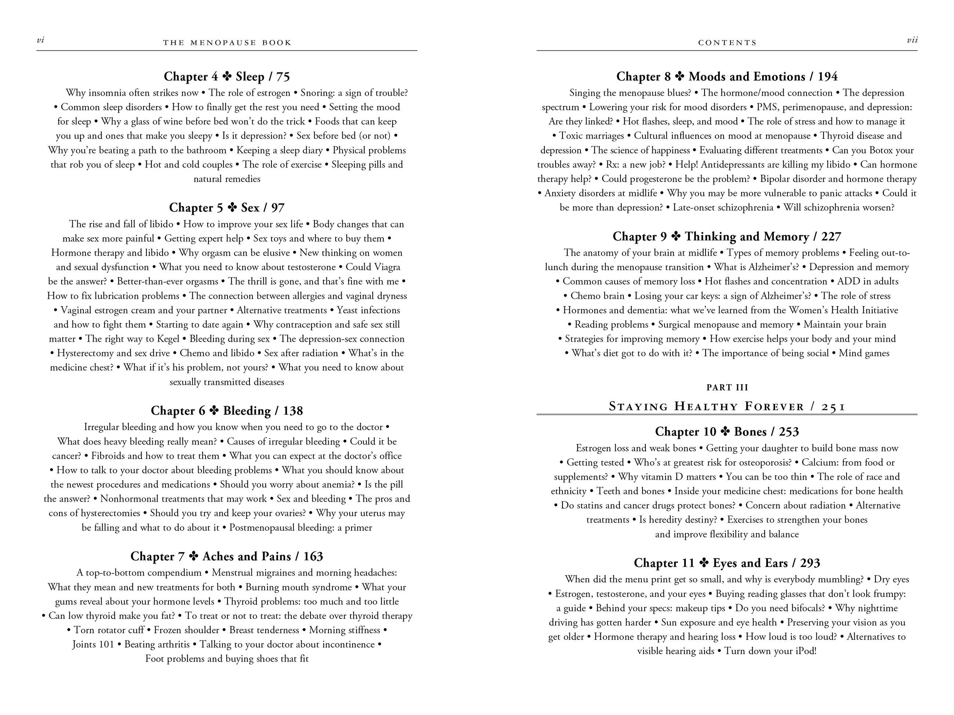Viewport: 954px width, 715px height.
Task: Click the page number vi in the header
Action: [x=40, y=40]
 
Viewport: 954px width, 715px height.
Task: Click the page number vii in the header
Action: [x=912, y=40]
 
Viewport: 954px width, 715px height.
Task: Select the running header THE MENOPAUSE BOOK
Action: [x=227, y=43]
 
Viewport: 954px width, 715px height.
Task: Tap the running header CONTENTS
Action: [x=727, y=43]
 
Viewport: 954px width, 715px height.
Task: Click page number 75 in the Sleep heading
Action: [x=283, y=77]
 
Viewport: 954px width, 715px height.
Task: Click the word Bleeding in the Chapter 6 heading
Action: [x=246, y=411]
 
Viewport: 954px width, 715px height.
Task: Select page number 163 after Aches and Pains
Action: [x=313, y=556]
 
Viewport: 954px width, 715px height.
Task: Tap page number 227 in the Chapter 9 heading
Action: [x=831, y=236]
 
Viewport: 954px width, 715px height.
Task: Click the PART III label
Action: [x=727, y=388]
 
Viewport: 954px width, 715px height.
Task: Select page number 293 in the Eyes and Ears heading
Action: [x=810, y=563]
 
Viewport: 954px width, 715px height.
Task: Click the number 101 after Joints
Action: [x=106, y=645]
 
